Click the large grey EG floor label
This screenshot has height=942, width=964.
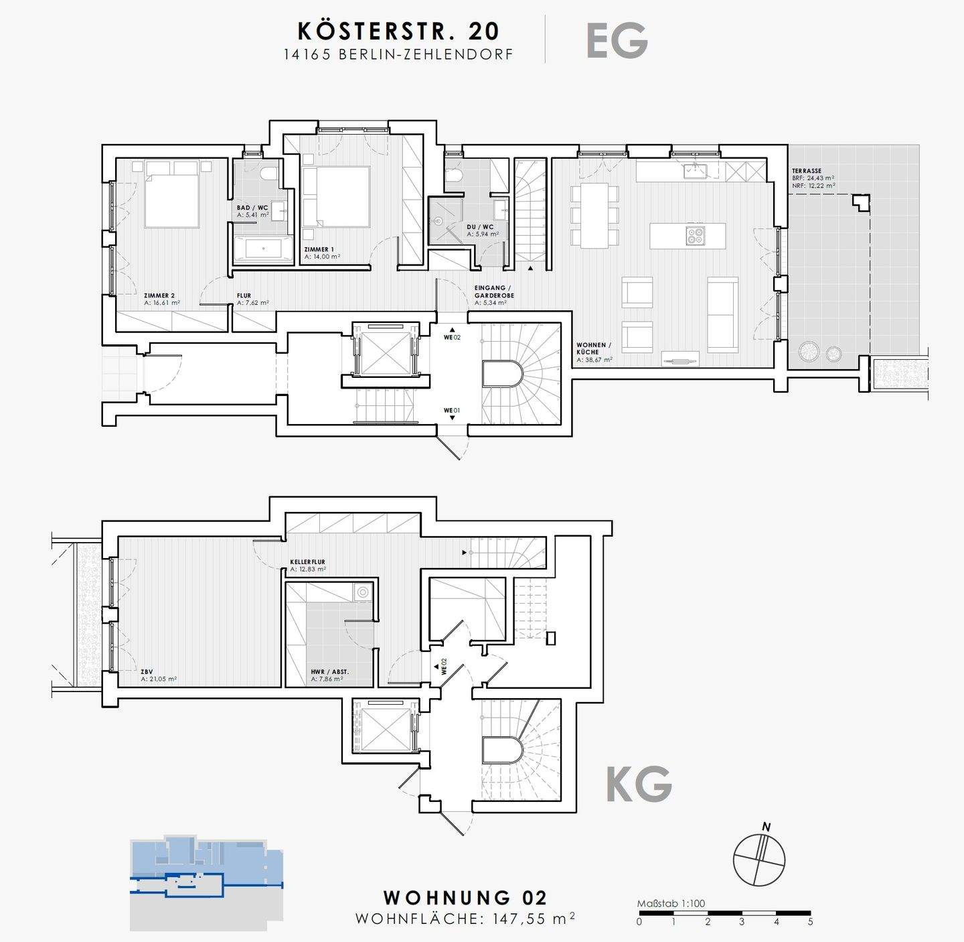coord(617,41)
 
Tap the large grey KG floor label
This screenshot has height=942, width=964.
coord(639,783)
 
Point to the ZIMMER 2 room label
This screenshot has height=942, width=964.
coord(159,295)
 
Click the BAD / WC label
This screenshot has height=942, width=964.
coord(252,208)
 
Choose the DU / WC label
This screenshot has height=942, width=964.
coord(480,227)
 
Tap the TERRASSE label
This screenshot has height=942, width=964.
coord(807,171)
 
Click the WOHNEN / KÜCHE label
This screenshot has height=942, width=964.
coord(594,348)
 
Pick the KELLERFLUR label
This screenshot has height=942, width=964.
coord(308,561)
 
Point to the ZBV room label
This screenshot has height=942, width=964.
coord(147,672)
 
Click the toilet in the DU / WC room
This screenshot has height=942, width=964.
coord(453,174)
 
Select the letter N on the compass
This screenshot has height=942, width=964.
coord(767,827)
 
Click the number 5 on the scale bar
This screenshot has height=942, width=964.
coord(811,922)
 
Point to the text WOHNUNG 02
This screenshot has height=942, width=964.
coord(465,897)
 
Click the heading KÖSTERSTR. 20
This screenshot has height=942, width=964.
coord(399,31)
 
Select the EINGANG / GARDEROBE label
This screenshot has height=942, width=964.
coord(494,291)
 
